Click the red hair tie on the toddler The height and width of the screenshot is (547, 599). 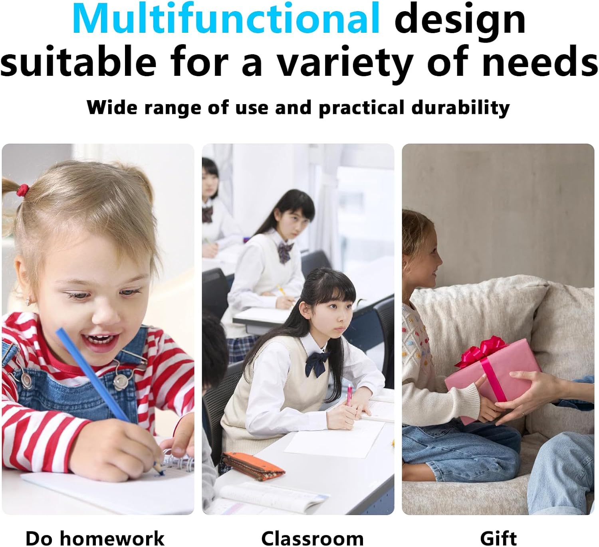[x=23, y=190]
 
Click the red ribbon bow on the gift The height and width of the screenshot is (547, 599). [x=482, y=352]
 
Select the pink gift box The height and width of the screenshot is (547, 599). [x=493, y=381]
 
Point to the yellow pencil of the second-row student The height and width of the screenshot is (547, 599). [x=282, y=290]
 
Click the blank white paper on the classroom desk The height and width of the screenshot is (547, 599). [x=333, y=438]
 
